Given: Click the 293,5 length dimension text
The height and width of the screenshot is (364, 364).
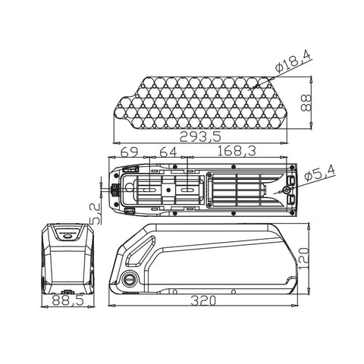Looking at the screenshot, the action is pos(200,136).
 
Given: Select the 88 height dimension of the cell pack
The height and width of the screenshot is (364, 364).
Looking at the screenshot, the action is pos(306,103).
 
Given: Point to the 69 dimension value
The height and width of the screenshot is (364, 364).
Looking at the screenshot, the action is pos(129,152).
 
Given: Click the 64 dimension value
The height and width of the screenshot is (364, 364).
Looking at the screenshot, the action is pos(168,152).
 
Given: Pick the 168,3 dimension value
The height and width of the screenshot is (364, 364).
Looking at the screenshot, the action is pos(237,151).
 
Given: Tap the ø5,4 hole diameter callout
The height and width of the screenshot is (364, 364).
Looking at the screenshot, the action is pos(320,174).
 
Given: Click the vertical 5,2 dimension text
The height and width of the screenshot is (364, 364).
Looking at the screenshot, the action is pos(95,214).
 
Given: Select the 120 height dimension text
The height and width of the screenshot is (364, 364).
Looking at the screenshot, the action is pos(304,258).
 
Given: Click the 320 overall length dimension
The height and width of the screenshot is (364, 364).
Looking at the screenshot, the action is pos(203,301).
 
